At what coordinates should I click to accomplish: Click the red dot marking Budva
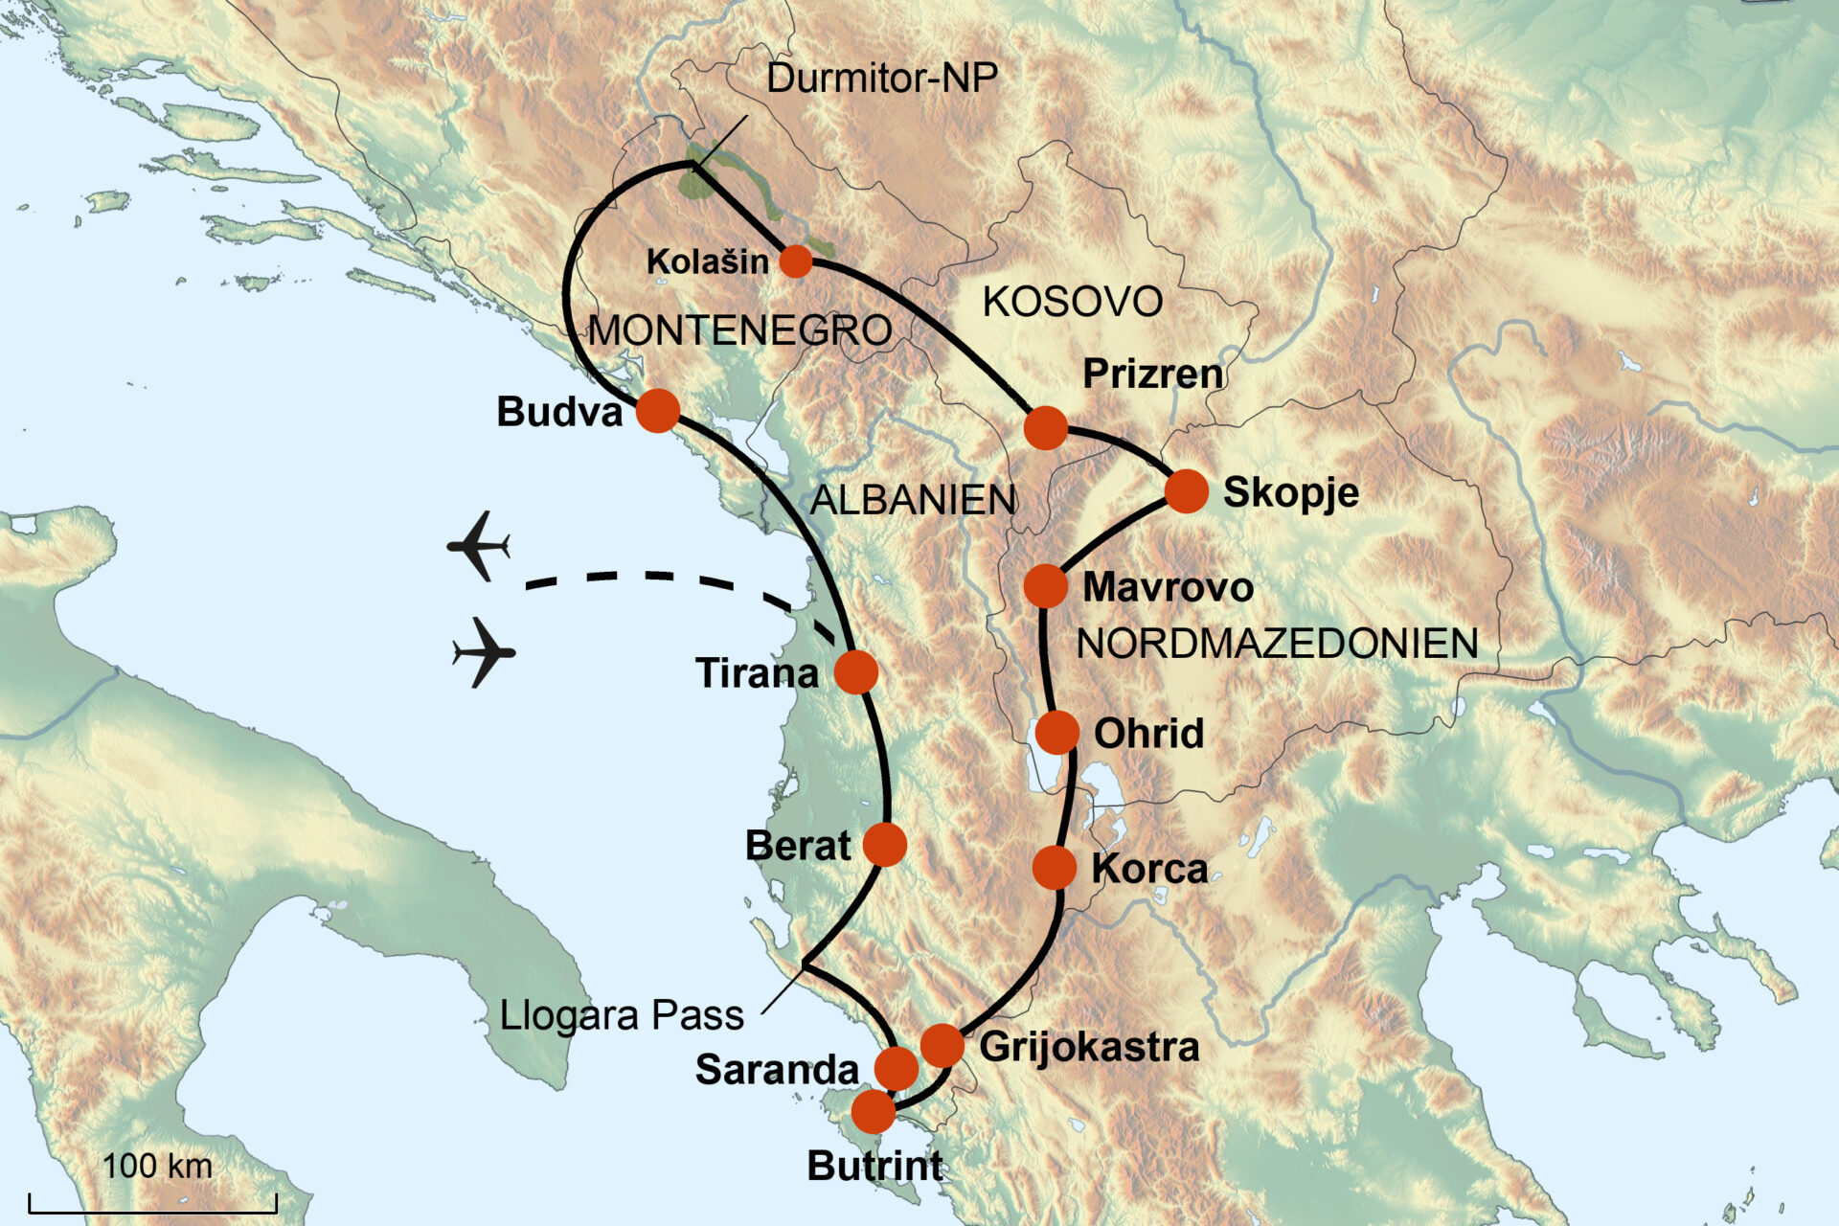[x=658, y=411]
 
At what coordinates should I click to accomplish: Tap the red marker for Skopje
[x=1186, y=491]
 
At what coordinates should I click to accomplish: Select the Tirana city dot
[x=855, y=672]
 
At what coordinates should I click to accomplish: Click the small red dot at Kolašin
[x=795, y=261]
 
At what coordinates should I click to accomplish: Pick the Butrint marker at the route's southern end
[x=873, y=1112]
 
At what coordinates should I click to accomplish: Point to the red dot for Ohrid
[x=1057, y=733]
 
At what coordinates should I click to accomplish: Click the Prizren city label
[x=1152, y=374]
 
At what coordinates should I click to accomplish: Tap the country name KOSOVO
[x=1072, y=302]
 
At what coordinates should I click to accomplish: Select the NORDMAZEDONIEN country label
[x=1277, y=643]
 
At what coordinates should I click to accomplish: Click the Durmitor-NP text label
[x=881, y=79]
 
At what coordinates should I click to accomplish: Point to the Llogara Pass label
[x=622, y=1015]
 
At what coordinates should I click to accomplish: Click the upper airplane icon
[x=479, y=546]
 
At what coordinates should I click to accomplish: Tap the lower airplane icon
[x=484, y=652]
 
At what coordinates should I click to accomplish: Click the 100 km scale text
[x=157, y=1166]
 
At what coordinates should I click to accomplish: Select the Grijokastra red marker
[x=942, y=1045]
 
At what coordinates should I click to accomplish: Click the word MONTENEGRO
[x=739, y=330]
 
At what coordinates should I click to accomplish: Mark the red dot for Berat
[x=884, y=845]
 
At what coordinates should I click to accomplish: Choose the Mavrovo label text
[x=1168, y=587]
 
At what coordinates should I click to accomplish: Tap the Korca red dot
[x=1055, y=868]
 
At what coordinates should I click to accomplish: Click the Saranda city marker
[x=897, y=1068]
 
